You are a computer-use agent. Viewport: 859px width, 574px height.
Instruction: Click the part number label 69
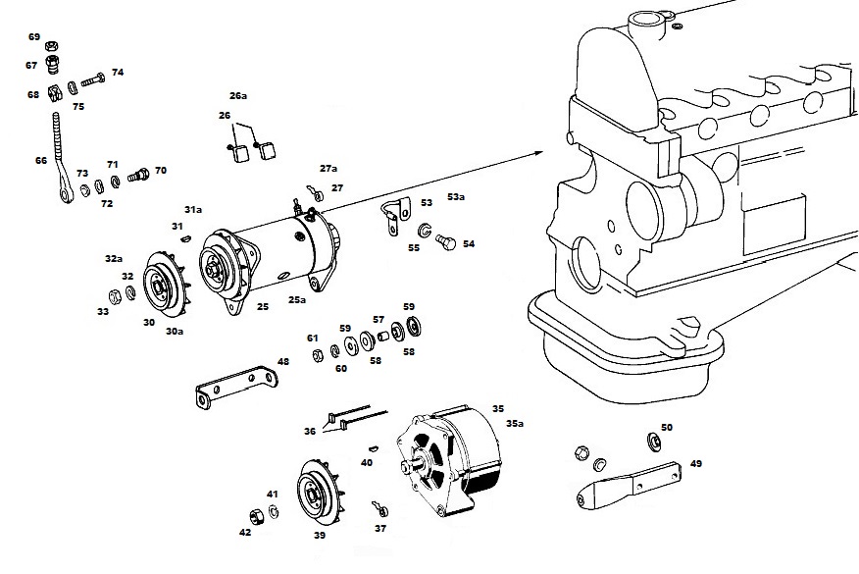[34, 36]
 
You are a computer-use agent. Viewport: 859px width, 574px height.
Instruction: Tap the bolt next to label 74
[94, 80]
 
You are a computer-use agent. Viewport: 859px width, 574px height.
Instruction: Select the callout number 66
[41, 161]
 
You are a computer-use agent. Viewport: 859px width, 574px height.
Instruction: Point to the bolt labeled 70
[138, 175]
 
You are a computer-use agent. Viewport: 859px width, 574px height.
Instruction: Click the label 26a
[238, 95]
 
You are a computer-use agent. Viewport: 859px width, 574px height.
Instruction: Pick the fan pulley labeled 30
[162, 285]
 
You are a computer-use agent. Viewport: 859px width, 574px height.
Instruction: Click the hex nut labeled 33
[115, 296]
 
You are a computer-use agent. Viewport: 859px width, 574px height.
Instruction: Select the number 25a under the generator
[297, 300]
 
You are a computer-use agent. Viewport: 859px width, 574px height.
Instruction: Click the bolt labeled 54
[446, 241]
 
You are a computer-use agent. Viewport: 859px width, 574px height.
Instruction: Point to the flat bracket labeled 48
[236, 386]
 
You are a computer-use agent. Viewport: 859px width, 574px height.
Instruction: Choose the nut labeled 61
[317, 355]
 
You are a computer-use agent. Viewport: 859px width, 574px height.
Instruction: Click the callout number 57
[379, 319]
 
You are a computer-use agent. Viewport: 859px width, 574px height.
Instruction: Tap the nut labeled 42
[256, 516]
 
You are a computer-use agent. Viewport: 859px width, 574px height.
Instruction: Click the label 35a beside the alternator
[515, 423]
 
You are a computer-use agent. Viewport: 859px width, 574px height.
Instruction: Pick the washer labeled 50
[653, 440]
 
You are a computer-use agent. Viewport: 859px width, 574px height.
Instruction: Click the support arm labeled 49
[630, 486]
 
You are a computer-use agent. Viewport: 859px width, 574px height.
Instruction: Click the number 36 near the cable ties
[310, 432]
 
